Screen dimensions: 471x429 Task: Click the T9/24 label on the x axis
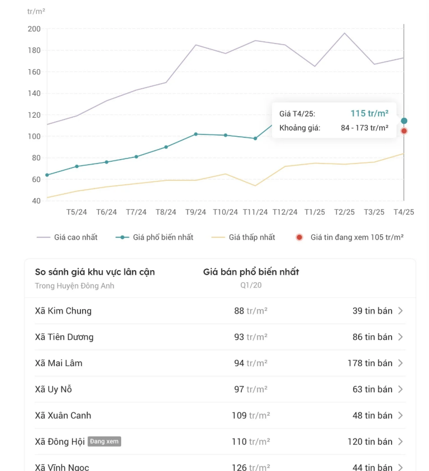tap(196, 212)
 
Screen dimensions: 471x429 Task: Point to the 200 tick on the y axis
tap(34, 29)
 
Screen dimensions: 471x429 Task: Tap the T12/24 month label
tap(285, 212)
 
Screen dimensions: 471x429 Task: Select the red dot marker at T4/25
tap(404, 131)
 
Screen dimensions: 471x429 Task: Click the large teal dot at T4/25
tap(404, 121)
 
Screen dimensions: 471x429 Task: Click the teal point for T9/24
tap(196, 134)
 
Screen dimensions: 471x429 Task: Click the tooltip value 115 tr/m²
tap(369, 113)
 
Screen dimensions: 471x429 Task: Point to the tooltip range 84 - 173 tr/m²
tap(364, 128)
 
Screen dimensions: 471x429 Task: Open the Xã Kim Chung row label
tap(63, 311)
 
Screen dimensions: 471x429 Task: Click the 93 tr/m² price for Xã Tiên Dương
tap(251, 337)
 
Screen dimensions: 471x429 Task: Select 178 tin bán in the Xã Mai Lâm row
tap(370, 363)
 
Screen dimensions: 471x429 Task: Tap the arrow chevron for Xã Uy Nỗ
tap(401, 390)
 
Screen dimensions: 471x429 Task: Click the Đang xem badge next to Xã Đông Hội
tap(104, 441)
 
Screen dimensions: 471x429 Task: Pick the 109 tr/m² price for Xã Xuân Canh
tap(251, 416)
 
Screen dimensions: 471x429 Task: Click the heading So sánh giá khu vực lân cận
tap(95, 272)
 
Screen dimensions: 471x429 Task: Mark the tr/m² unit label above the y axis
tap(36, 11)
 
